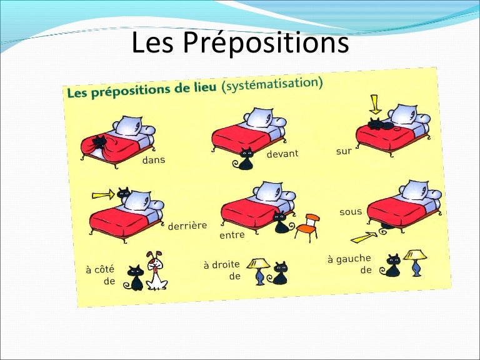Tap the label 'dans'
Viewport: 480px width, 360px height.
click(154, 160)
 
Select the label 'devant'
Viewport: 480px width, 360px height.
click(282, 153)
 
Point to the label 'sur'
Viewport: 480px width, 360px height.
click(344, 151)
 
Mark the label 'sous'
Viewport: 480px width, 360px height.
click(351, 212)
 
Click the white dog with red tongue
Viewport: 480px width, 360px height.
click(156, 271)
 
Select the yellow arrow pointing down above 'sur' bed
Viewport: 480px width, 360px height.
click(375, 102)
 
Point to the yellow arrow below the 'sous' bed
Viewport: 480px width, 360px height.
click(364, 237)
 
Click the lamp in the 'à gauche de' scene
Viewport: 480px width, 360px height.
click(414, 262)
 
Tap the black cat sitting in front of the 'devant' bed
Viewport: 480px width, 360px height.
click(246, 159)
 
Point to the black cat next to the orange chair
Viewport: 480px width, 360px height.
click(281, 222)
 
